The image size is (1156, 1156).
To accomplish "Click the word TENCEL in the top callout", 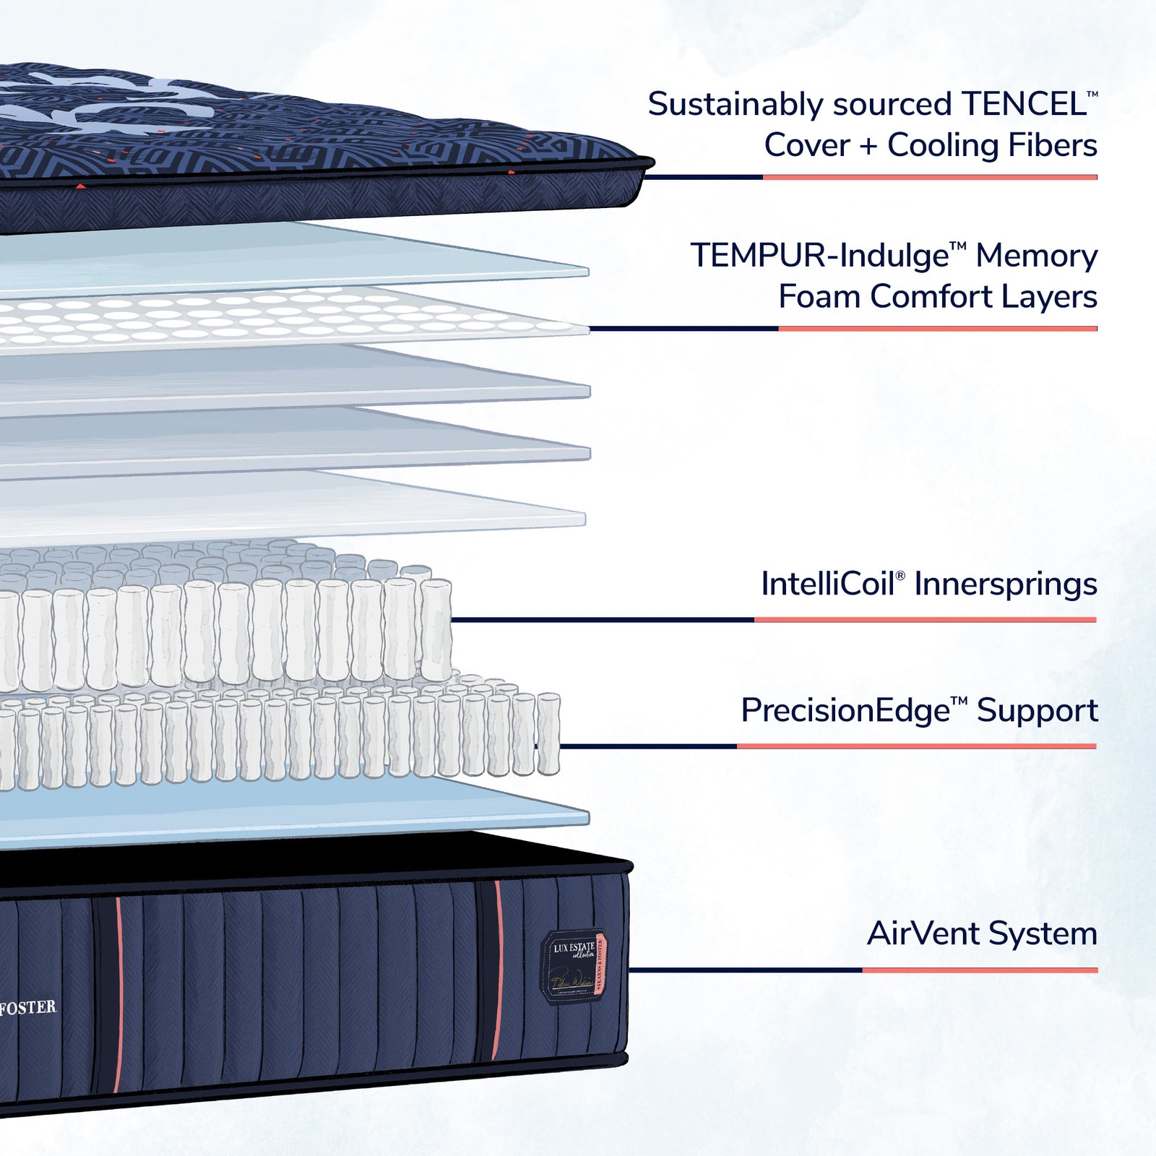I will [1024, 105].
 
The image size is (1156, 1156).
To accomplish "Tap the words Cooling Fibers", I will [992, 145].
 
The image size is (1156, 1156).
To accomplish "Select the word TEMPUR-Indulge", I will [819, 256].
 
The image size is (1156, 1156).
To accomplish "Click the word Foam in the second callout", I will [820, 297].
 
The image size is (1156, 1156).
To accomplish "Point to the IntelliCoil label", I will [828, 585].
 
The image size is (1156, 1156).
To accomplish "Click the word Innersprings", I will [1006, 585].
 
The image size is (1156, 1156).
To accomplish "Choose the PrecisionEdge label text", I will [845, 711].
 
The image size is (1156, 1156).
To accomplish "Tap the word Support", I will [1037, 711].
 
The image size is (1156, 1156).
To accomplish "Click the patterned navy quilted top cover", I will [289, 144].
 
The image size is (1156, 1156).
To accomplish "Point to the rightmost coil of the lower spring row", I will [548, 733].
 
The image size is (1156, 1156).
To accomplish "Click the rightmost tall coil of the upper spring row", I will [436, 630].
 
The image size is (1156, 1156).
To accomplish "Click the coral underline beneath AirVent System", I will [979, 970].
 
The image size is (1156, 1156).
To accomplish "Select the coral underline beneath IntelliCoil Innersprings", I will [925, 620].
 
